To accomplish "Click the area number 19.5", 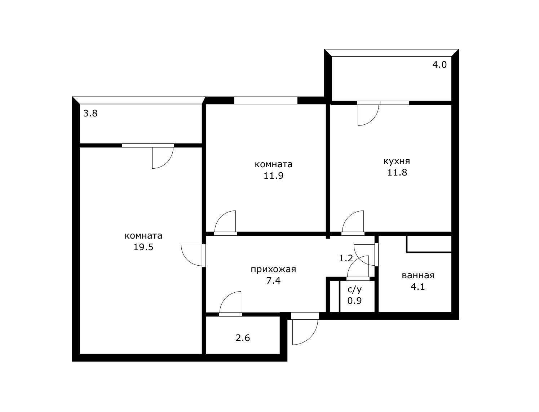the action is pos(143,247).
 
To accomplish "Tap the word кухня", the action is pos(397,161).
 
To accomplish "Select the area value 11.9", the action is pos(273,176).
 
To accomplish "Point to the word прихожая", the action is pos(273,269).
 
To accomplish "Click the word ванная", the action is pos(418,275).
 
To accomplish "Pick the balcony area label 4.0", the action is pos(439,65).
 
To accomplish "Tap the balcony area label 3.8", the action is pos(90,114).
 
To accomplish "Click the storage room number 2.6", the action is pos(243,338).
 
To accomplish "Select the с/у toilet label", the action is pos(354,289).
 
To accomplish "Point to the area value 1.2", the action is pos(346,258).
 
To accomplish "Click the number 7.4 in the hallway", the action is pos(273,280).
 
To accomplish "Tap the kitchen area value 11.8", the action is pos(397,173).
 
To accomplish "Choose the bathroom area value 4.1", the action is pos(418,287).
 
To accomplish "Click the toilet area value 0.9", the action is pos(354,301).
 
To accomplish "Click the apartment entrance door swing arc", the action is pos(311,337).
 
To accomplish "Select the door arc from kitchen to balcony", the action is pos(373,120).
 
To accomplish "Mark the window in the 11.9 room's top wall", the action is pos(266,100).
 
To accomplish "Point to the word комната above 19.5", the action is pos(143,236).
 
